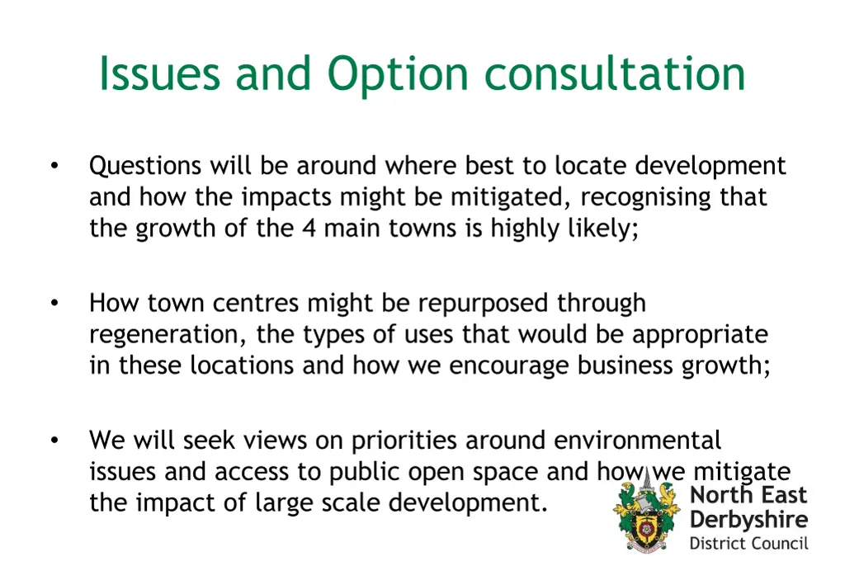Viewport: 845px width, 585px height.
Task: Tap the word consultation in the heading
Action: tap(614, 74)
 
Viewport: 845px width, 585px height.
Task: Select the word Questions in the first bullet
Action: tap(145, 167)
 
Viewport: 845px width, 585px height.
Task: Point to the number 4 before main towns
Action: tap(309, 228)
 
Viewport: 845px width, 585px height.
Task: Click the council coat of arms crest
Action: tap(646, 515)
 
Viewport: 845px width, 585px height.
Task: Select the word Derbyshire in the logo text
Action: tap(748, 521)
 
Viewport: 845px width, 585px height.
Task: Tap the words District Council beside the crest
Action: tap(748, 544)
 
